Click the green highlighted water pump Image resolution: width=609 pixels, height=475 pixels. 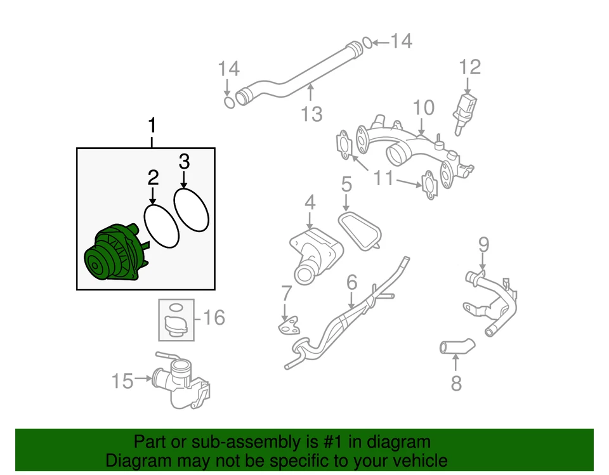(x=115, y=256)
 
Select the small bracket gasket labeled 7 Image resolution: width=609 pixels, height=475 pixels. (x=455, y=346)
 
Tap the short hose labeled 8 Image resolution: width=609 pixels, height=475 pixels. (x=483, y=244)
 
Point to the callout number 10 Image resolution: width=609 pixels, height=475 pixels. (x=384, y=178)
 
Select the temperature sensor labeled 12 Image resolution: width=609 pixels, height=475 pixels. (x=311, y=114)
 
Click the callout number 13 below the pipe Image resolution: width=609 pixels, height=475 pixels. (x=367, y=42)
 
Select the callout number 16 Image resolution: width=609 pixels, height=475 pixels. (x=214, y=316)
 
